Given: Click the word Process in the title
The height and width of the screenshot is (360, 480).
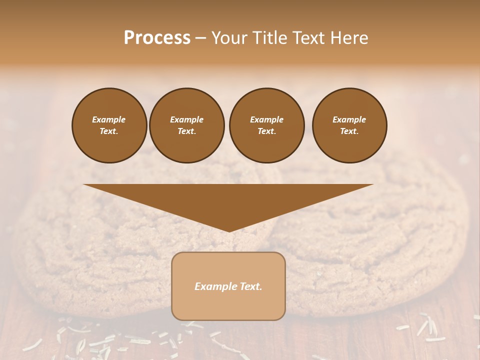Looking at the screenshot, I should click(157, 38).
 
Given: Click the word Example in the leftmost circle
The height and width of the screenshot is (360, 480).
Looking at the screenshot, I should click(109, 119).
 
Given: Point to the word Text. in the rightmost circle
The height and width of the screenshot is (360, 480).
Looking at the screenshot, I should click(349, 131).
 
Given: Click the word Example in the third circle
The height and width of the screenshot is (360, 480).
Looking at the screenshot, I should click(266, 119).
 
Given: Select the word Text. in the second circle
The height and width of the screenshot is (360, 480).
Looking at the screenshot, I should click(187, 131).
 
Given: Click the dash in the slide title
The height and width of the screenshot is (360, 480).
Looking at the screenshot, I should click(200, 38).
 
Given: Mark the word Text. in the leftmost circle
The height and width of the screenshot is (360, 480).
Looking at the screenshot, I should click(109, 131).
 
